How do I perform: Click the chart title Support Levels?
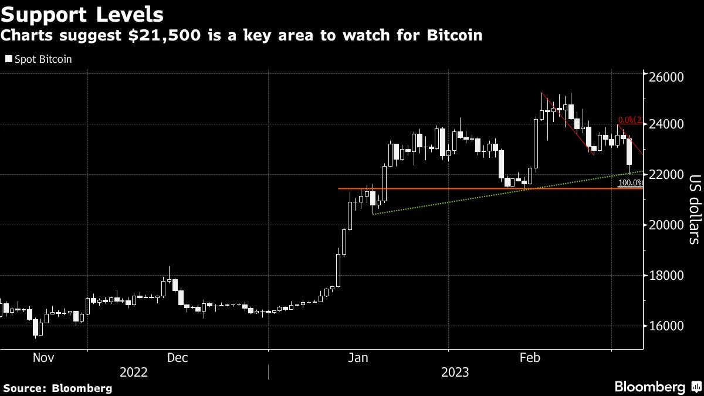82,13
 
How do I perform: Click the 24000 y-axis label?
668,124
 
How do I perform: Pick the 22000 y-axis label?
668,175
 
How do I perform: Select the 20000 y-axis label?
668,225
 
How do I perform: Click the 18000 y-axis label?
668,276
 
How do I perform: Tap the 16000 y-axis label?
668,326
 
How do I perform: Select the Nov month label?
44,357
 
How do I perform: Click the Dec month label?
177,357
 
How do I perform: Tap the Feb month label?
530,357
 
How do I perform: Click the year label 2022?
134,373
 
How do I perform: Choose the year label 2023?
455,373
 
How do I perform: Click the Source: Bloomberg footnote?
57,388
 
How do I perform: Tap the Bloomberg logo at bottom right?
657,387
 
